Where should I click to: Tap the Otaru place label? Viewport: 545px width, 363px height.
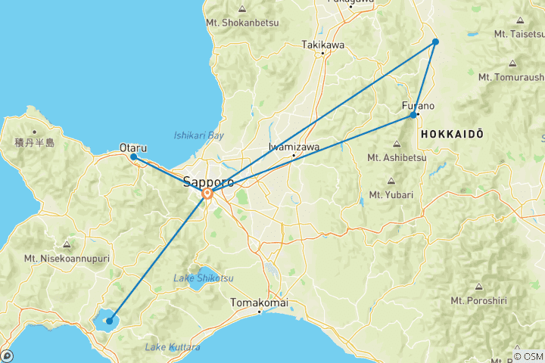[x=133, y=148]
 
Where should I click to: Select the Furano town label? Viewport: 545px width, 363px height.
[x=418, y=106]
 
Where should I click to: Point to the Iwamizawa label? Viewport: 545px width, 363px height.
[x=294, y=147]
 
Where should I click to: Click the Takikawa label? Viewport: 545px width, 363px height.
[x=322, y=45]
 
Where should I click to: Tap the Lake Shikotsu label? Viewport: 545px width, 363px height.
[x=204, y=278]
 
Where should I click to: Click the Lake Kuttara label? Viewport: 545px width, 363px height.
[x=173, y=347]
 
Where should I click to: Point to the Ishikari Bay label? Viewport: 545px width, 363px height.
[x=199, y=135]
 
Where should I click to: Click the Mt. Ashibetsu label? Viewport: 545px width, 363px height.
[x=397, y=157]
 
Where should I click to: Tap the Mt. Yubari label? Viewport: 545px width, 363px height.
[x=391, y=194]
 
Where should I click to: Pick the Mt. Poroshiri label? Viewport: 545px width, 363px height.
[x=478, y=300]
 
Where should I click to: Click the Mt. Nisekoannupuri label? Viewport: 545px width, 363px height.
[x=67, y=258]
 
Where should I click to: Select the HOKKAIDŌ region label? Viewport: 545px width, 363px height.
[x=452, y=133]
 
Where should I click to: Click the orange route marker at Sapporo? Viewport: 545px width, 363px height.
[x=207, y=194]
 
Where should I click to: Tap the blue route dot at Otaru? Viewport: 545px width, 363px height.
[x=133, y=157]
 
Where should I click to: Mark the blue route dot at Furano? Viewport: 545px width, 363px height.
[x=413, y=116]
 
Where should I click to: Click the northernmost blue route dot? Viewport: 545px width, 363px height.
[x=435, y=42]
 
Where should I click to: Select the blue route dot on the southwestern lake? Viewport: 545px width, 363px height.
[x=110, y=321]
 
